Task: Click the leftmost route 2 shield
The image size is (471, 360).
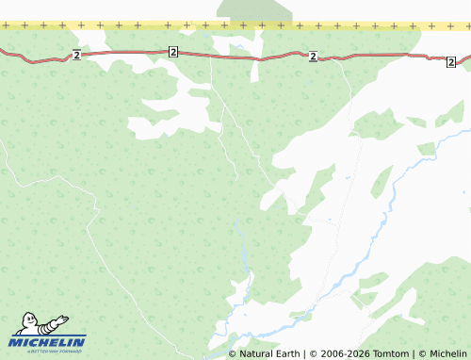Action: click(76, 56)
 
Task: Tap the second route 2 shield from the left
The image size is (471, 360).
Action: click(173, 51)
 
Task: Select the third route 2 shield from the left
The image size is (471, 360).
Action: click(313, 57)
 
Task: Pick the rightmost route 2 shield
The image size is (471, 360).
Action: click(451, 61)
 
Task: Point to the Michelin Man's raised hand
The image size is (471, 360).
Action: click(64, 319)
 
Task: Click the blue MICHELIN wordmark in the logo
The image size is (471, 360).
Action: click(48, 342)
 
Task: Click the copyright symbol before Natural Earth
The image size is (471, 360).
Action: click(233, 354)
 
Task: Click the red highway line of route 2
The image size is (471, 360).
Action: click(235, 57)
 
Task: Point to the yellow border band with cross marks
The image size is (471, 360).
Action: click(141, 25)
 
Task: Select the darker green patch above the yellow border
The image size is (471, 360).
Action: click(254, 9)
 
